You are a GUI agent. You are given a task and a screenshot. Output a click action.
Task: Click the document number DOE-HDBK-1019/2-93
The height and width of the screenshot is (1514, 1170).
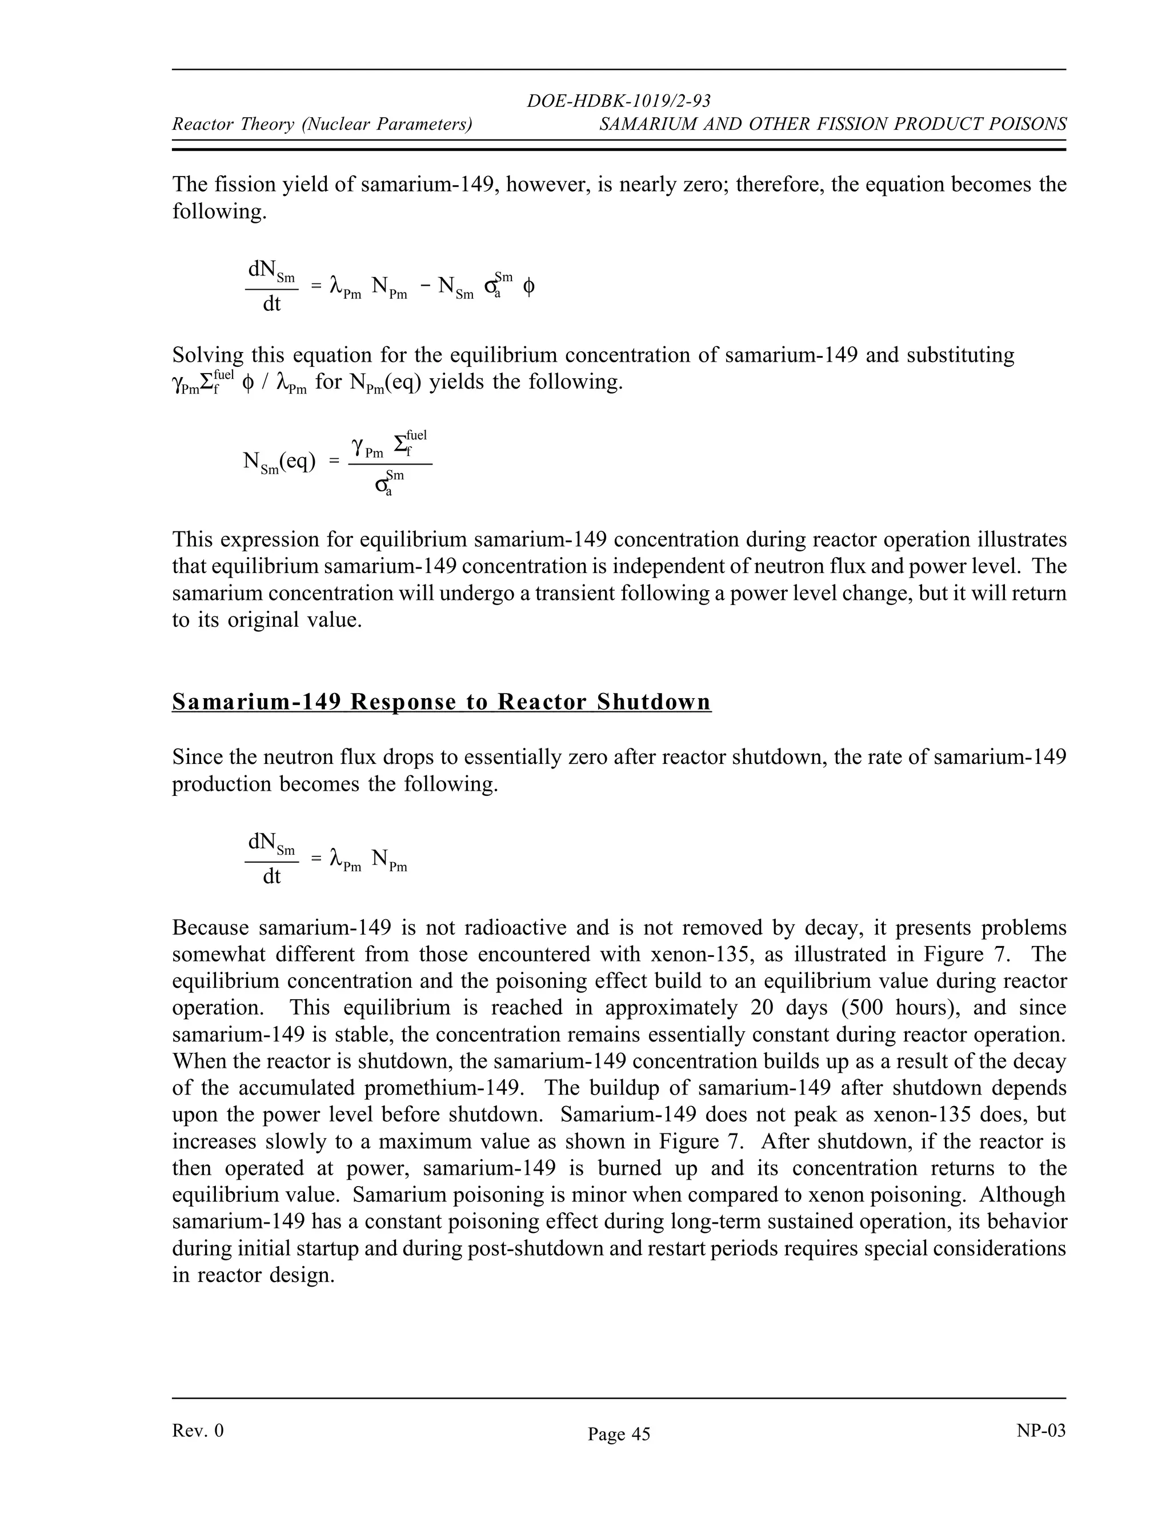(x=618, y=101)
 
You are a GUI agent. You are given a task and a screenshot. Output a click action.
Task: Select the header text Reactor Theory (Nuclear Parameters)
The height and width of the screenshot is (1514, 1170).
(x=322, y=124)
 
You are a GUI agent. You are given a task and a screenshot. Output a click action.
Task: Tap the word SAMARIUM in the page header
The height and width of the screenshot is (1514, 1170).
(x=640, y=124)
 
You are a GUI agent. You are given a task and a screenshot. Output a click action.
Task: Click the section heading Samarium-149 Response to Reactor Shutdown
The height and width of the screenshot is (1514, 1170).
(x=442, y=702)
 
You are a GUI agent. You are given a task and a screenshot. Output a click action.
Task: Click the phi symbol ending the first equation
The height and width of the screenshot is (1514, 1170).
(x=528, y=286)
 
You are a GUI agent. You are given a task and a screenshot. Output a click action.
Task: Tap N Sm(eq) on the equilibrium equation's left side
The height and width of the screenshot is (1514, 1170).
(x=279, y=462)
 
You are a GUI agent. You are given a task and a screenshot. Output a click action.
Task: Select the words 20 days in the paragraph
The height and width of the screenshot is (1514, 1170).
(x=789, y=1007)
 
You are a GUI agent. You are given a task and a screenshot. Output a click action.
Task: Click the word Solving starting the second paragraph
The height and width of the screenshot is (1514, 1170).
(x=207, y=355)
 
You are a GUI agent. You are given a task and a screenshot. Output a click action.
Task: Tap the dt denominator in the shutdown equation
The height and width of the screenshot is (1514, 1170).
(x=272, y=877)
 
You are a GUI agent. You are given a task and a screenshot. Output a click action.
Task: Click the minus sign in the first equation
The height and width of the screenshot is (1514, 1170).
(x=425, y=286)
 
